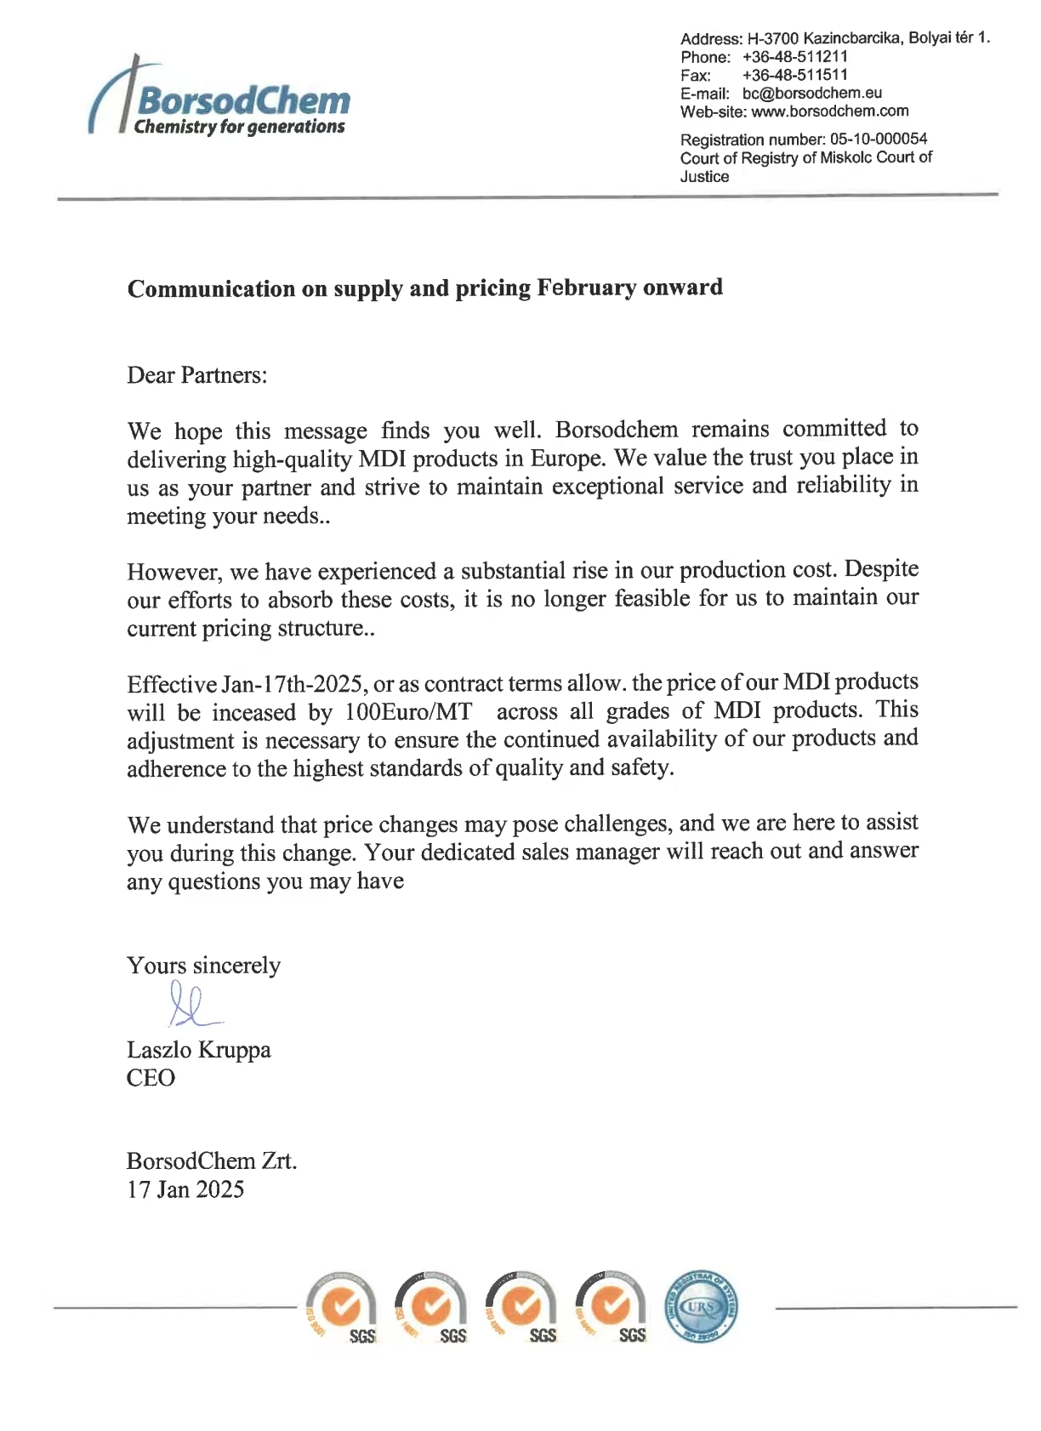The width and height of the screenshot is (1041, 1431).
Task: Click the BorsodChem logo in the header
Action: tap(219, 100)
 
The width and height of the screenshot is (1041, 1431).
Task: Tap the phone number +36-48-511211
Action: tap(794, 57)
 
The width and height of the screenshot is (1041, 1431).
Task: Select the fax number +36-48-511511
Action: tap(794, 75)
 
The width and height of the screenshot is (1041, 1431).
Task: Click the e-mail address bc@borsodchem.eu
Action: tap(811, 93)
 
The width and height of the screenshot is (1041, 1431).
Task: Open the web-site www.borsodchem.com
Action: tap(829, 111)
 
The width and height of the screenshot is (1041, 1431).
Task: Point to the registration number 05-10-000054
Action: tap(878, 139)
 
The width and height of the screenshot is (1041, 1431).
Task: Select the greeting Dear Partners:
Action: tap(196, 375)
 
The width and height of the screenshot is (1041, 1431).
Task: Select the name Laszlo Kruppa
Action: tap(198, 1050)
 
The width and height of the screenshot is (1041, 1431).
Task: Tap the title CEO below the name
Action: tap(151, 1078)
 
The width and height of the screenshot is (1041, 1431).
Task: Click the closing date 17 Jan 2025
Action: tap(185, 1189)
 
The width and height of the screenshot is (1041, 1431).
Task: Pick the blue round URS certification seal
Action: tap(700, 1307)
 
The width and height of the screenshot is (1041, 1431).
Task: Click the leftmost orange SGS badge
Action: tap(342, 1308)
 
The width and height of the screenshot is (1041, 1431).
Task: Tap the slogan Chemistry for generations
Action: tap(239, 127)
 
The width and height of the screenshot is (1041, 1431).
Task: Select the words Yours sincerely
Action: tap(203, 966)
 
